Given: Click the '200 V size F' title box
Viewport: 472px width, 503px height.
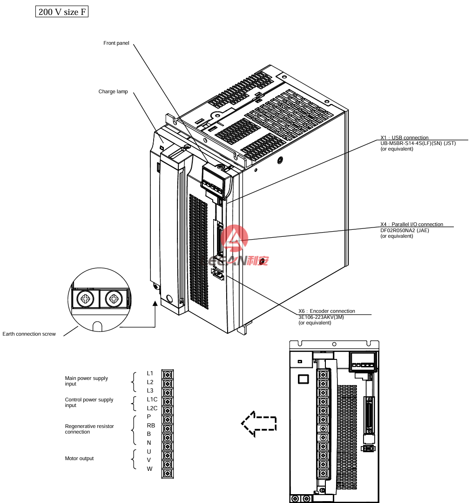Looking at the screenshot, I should (62, 12).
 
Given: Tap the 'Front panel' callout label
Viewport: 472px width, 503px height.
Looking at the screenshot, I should (116, 43).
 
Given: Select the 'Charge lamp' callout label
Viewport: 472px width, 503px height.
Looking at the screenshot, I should (113, 92).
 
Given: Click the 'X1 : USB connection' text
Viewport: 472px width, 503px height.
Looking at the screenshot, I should (405, 138).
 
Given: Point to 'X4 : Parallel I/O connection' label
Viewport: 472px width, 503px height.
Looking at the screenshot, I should (412, 224).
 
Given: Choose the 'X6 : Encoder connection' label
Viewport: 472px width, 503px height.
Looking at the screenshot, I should (327, 311).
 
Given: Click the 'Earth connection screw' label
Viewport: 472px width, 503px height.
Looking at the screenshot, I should (29, 334).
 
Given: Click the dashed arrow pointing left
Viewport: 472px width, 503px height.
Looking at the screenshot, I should (259, 424).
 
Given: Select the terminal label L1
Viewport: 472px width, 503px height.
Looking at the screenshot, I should (150, 373).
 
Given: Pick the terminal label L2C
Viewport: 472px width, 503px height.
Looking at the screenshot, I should (152, 408).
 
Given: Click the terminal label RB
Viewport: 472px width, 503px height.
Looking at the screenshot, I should (151, 425).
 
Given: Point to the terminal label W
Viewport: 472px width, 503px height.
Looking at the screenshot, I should (150, 469).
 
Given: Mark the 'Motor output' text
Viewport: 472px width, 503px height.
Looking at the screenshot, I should (79, 459).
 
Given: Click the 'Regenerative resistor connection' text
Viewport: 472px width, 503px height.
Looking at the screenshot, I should (89, 429).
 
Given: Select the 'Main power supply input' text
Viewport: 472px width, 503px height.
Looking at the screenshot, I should (86, 381).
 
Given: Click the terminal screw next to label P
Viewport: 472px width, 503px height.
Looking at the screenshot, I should (167, 417).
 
